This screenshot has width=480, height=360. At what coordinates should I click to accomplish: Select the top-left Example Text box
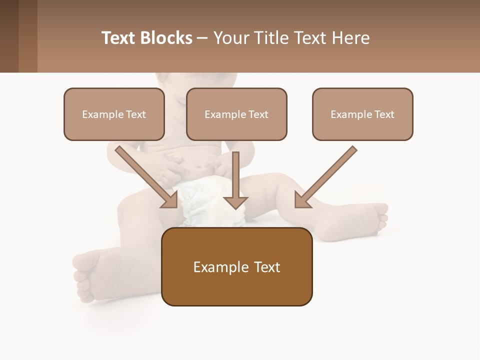coord(114,114)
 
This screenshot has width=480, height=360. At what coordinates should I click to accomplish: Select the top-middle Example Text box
coord(236,114)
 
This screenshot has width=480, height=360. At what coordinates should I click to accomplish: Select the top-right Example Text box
coord(362,114)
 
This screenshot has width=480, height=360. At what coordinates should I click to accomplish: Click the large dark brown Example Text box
coord(236,266)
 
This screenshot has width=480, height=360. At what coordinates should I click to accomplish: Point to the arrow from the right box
coord(327,175)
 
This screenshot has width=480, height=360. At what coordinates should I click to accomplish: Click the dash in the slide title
coord(202,38)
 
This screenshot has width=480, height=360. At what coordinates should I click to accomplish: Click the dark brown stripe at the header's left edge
coord(9,36)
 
